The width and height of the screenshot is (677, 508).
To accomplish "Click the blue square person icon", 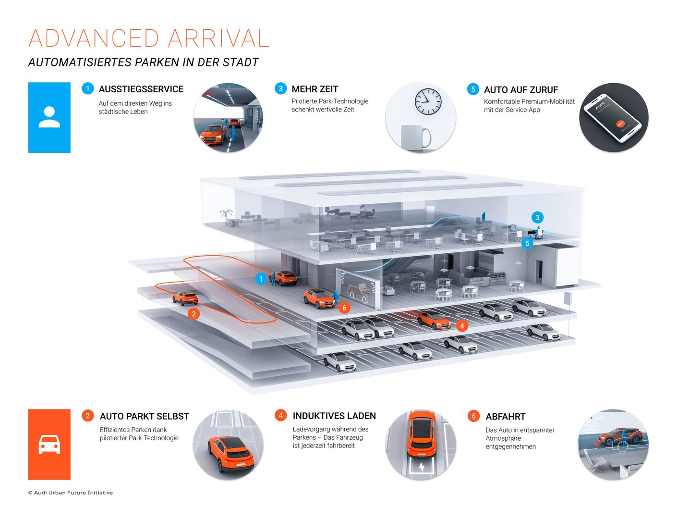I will (49, 117).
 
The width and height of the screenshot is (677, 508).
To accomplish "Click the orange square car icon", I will (49, 444).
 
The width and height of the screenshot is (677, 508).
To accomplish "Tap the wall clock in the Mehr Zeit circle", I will (428, 101).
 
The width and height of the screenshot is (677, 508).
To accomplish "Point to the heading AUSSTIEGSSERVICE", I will (141, 89).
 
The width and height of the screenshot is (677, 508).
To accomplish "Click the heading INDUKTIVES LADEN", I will (334, 416).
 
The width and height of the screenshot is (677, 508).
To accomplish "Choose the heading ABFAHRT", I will (505, 417).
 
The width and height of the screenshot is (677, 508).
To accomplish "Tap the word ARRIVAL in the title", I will (218, 38).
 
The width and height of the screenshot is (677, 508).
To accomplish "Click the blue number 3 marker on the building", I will (537, 217).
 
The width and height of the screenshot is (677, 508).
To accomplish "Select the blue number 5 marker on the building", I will (527, 243).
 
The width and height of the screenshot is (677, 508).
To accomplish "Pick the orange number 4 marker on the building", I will (462, 326).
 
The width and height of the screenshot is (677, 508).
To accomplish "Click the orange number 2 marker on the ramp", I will (193, 314).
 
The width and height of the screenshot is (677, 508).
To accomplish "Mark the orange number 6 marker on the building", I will (344, 308).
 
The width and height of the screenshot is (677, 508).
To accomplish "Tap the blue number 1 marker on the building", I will (261, 279).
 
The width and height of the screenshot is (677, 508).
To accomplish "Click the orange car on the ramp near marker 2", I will (185, 298).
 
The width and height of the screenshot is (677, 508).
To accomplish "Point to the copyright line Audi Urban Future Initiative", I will (71, 493).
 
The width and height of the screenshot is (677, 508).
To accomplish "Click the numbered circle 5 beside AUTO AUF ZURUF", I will (473, 89).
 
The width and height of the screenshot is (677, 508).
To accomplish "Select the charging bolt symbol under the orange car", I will (422, 467).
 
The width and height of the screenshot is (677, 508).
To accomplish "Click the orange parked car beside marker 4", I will (434, 320).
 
